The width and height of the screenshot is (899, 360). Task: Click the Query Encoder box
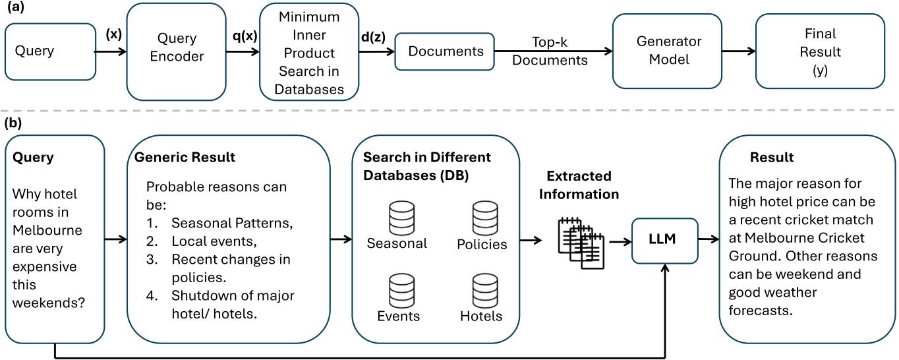[x=176, y=52]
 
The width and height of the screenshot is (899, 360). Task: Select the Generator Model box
[x=667, y=51]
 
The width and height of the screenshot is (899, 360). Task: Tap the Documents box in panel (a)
[x=445, y=51]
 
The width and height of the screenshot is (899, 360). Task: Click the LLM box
[x=664, y=241]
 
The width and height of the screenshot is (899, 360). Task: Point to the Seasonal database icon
[x=401, y=218]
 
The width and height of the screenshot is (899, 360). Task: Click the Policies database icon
[x=485, y=218]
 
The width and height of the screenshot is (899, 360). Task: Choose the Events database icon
[x=401, y=291]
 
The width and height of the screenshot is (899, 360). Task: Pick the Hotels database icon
[x=485, y=291]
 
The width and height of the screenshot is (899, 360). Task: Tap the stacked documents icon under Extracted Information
[x=581, y=243]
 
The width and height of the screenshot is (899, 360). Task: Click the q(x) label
[x=245, y=36]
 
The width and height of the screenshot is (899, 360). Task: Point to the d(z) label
[x=373, y=37]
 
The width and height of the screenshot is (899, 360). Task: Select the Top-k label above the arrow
[x=550, y=42]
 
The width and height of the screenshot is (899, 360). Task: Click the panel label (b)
[x=13, y=123]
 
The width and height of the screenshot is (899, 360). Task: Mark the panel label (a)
[x=15, y=7]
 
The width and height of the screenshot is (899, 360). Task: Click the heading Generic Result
[x=185, y=157]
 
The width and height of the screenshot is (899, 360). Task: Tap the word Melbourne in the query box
[x=47, y=230]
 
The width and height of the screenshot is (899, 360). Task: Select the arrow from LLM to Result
[x=709, y=239]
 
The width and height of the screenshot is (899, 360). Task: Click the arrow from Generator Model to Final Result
[x=739, y=51]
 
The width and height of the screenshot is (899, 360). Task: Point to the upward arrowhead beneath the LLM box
[x=665, y=268]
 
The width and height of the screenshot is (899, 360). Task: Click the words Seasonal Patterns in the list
[x=232, y=223]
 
